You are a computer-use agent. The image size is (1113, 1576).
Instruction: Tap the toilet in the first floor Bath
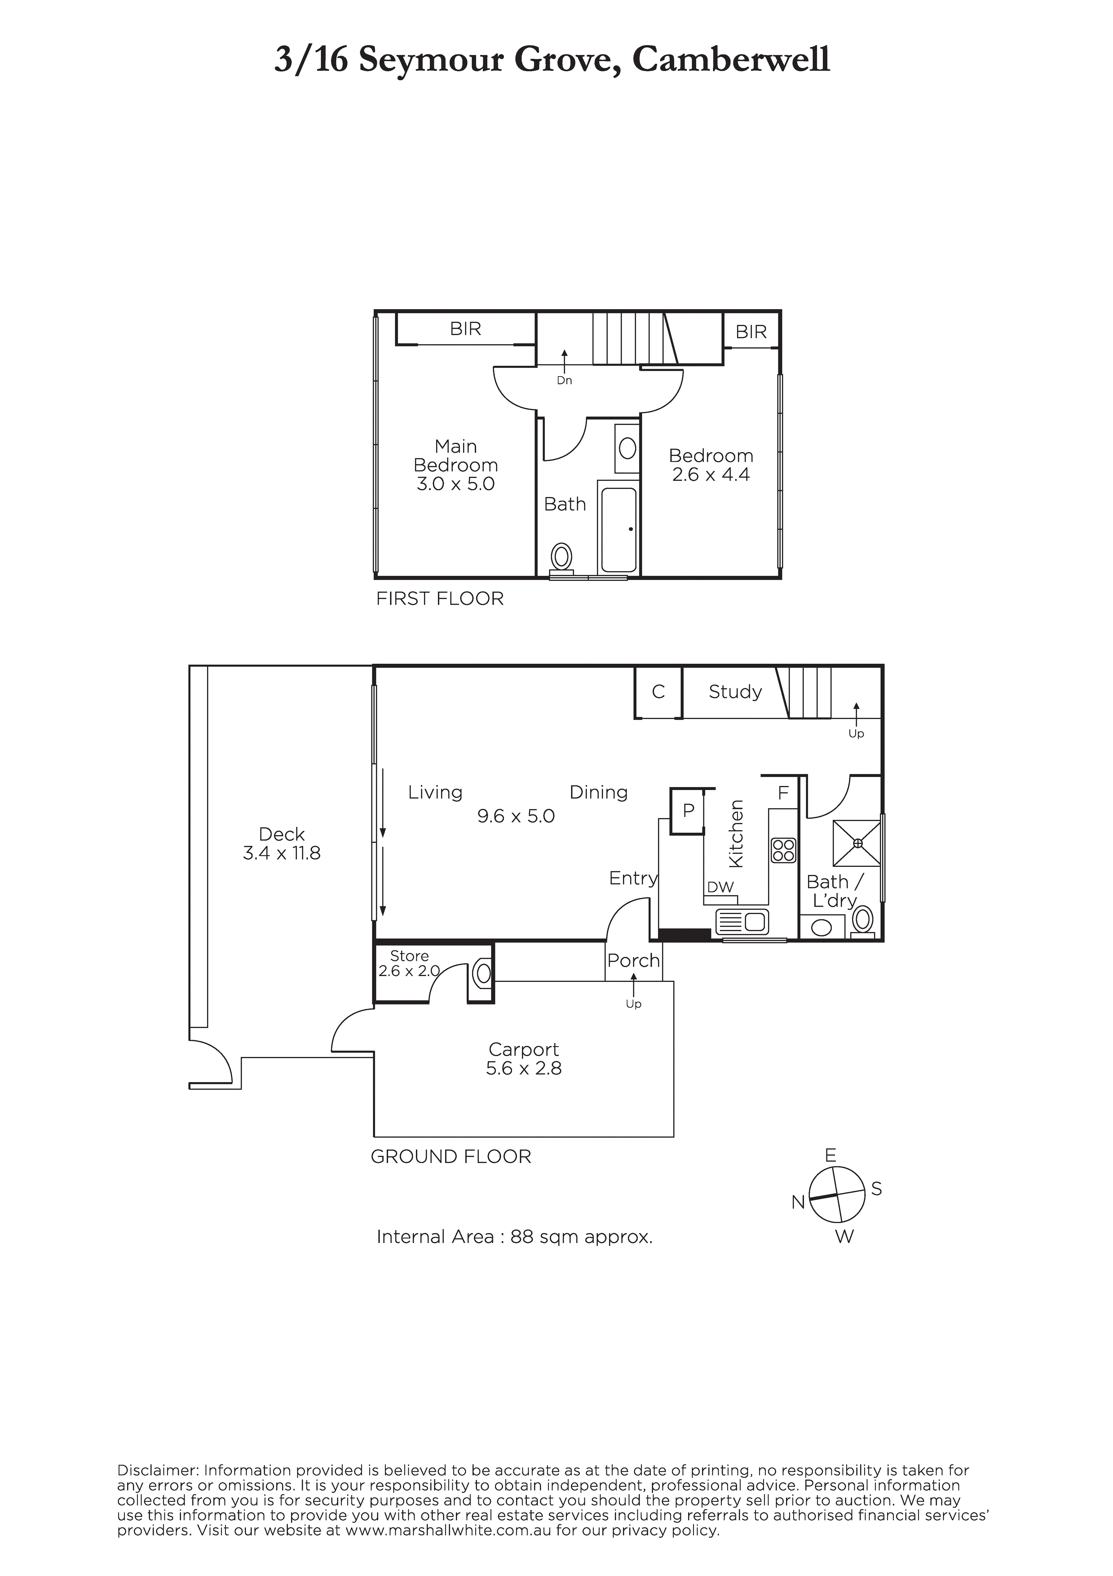(562, 557)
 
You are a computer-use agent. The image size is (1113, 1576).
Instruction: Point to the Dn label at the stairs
(564, 380)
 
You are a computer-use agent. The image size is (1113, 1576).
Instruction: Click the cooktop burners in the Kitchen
(783, 850)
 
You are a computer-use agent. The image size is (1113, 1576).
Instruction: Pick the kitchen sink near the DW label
(742, 922)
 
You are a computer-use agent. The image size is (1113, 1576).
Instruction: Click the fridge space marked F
(783, 794)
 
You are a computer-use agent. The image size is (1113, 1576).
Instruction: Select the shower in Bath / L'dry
(857, 843)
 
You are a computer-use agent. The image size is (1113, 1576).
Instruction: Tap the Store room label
(409, 956)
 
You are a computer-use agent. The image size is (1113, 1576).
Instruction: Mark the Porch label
(633, 961)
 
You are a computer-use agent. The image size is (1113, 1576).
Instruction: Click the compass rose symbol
(837, 1194)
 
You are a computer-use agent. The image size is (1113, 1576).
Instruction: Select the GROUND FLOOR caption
(451, 1157)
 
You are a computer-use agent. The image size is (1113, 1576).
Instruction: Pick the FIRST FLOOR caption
(440, 599)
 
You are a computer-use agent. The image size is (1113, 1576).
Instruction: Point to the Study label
(735, 692)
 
